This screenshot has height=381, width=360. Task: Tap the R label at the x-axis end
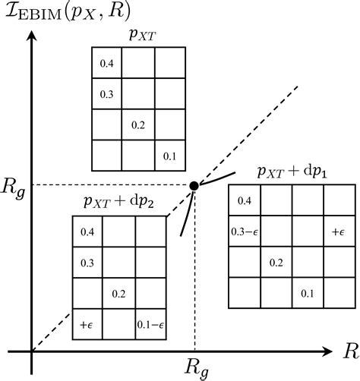click(x=350, y=351)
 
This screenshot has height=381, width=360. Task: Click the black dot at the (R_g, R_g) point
click(x=194, y=186)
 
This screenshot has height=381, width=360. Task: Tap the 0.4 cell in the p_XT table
click(x=106, y=63)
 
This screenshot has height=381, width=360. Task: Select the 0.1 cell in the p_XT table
click(x=169, y=156)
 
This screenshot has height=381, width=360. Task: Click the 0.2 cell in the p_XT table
click(x=137, y=124)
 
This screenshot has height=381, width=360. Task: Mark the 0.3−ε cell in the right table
click(x=245, y=231)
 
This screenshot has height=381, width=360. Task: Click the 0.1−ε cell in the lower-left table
click(x=150, y=324)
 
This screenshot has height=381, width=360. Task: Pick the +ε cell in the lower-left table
click(x=87, y=324)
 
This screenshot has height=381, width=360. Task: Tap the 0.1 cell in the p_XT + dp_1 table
click(x=307, y=292)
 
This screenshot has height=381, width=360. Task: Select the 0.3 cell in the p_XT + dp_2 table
click(x=87, y=262)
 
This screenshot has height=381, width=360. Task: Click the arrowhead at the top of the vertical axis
click(x=32, y=36)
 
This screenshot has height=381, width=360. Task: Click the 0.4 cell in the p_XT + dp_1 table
click(x=245, y=200)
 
